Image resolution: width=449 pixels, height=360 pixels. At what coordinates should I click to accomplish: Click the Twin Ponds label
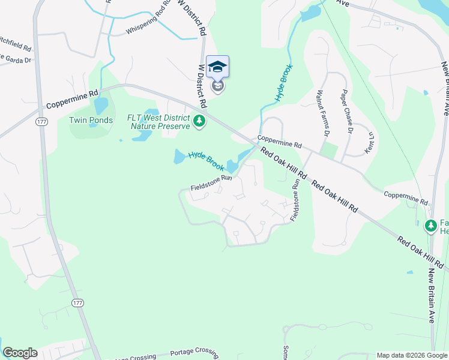pos(91,120)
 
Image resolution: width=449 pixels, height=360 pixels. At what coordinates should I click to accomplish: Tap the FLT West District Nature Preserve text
pos(158,122)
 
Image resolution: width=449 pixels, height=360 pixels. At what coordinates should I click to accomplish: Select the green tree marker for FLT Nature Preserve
pos(199,122)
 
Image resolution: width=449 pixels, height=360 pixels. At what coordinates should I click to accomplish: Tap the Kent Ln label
pos(370,141)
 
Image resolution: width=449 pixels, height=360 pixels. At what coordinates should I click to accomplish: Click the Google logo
pos(20,353)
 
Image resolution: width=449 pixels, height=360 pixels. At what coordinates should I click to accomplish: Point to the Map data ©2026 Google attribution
pos(412,355)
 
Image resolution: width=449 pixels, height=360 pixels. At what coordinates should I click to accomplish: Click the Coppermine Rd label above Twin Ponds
pos(73,97)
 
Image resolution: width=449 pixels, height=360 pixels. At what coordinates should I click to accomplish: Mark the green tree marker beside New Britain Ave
pos(430,226)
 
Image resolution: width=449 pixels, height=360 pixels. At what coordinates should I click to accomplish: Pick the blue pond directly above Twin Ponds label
pos(101,105)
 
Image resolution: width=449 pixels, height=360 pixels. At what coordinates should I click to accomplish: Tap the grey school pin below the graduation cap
pos(218,87)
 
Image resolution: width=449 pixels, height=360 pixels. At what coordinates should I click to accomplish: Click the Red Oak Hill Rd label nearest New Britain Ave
pos(420,252)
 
